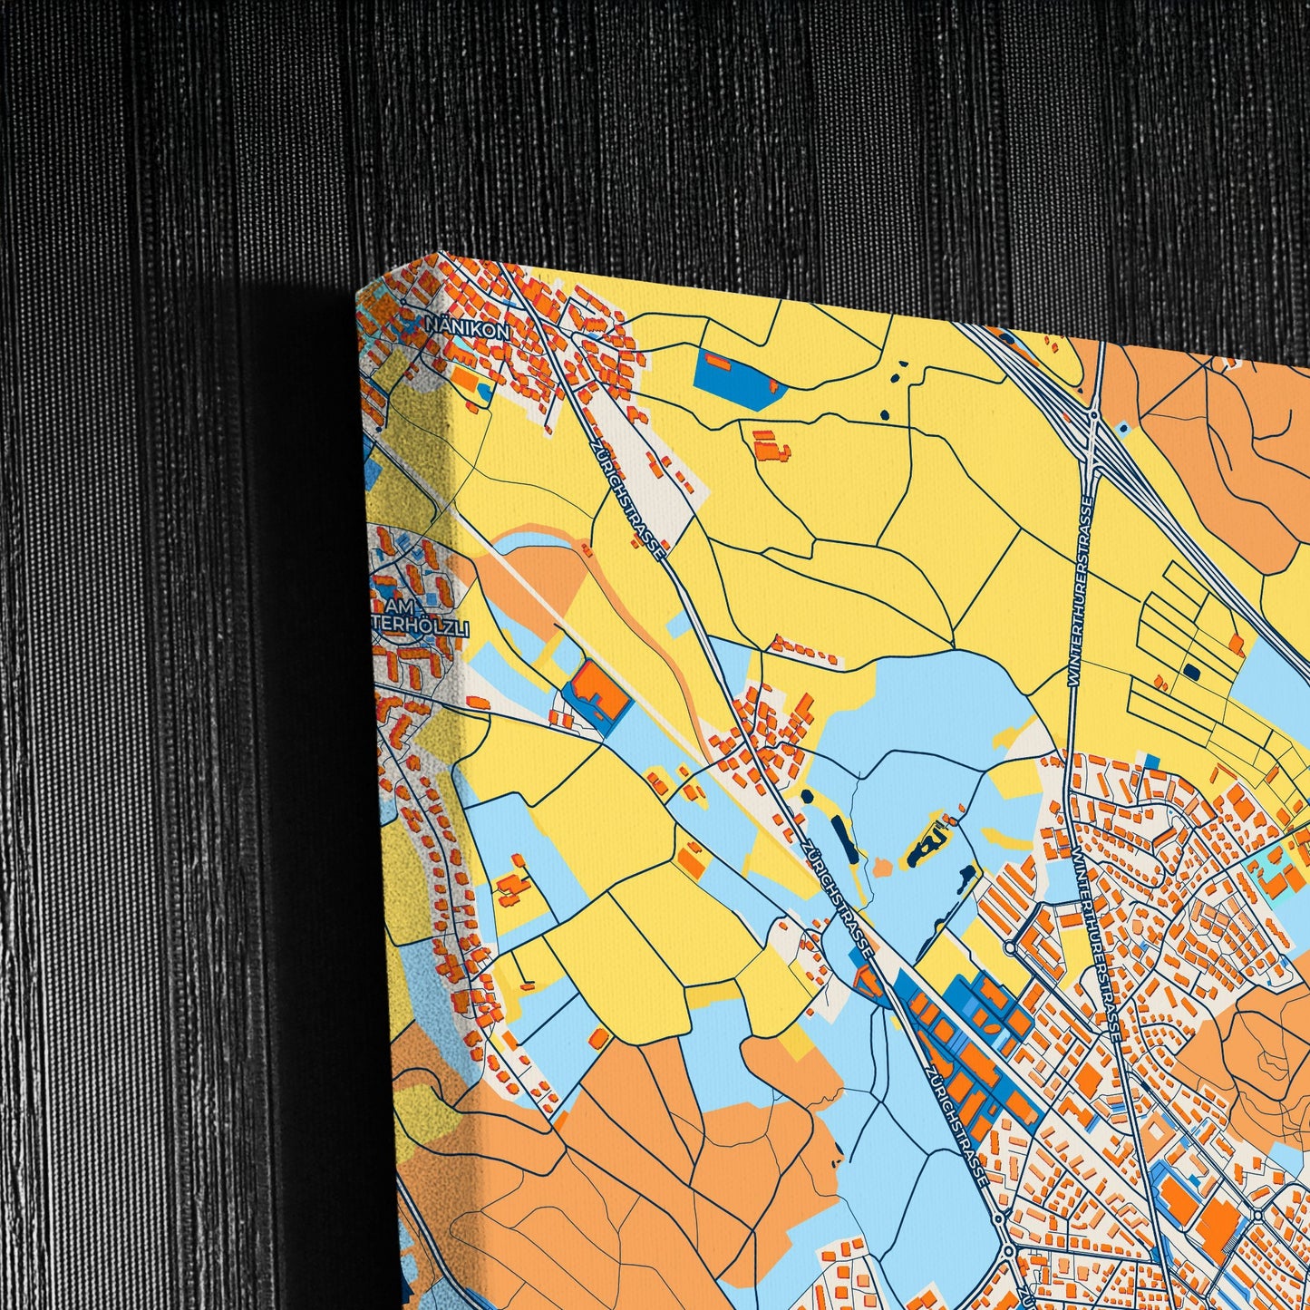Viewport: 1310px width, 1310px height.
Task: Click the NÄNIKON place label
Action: [x=468, y=332]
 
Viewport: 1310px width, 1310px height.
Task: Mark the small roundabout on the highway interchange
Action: [x=1094, y=415]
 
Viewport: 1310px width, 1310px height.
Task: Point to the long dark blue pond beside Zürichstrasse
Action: [x=840, y=839]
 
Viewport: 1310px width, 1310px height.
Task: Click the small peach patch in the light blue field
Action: [x=882, y=868]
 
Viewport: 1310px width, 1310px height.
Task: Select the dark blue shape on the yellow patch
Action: [x=927, y=849]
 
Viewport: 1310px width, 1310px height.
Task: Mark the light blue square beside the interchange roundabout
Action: [x=1124, y=426]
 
